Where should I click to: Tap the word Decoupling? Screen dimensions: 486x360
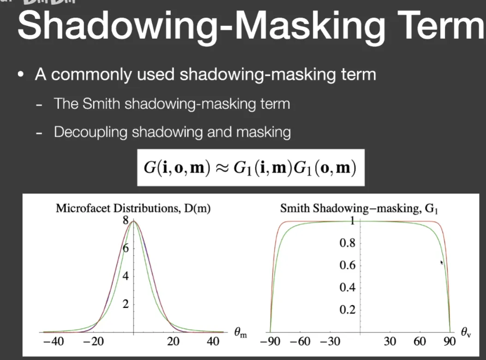coord(90,132)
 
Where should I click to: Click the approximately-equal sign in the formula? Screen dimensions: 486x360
coord(222,168)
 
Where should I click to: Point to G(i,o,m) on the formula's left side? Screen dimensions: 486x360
coord(177,168)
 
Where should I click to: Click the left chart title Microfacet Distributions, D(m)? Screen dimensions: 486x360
coord(133,208)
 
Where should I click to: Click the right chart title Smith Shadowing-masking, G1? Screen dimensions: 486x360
coord(359,208)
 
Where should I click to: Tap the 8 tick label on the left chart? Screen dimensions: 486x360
coord(125,220)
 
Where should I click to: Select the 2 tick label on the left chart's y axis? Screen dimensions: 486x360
coord(125,304)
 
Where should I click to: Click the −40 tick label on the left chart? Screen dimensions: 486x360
coord(54,342)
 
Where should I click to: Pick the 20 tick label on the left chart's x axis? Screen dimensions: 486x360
coord(173,342)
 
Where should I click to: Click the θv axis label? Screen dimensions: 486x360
coord(466,332)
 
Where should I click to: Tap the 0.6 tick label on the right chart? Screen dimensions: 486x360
coord(347,265)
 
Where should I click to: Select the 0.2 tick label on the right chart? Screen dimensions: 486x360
coord(347,309)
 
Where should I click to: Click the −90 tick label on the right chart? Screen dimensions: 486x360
coord(270,342)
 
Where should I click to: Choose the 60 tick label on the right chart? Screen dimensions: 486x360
coord(420,342)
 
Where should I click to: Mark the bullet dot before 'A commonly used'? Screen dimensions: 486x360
coord(21,75)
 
